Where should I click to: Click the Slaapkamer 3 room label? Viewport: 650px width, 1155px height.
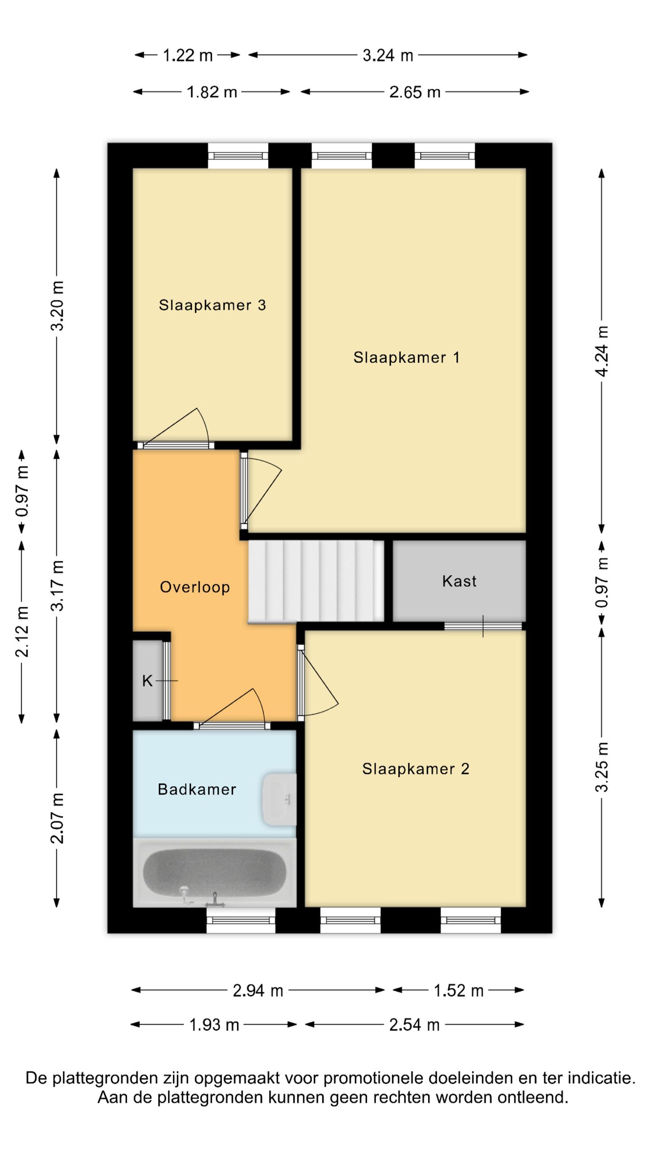212,305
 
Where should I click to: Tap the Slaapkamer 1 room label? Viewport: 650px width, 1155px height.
406,357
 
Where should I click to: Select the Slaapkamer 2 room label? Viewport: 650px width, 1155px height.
415,768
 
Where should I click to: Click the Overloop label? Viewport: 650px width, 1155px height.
195,587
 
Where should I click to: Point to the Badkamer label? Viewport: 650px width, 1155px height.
197,789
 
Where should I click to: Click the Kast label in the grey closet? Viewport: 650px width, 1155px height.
459,581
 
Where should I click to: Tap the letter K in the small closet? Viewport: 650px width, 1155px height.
147,681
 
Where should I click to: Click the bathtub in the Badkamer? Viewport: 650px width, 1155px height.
214,872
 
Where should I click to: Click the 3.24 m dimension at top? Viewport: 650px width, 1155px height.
388,55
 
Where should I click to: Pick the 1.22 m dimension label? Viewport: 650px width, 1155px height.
187,55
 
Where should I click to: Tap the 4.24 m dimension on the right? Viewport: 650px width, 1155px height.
602,351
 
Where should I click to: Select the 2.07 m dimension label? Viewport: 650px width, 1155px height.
57,818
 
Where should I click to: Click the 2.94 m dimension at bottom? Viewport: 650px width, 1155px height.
258,991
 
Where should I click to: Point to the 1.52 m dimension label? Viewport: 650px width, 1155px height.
458,991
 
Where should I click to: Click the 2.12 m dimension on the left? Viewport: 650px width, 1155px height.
22,632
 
